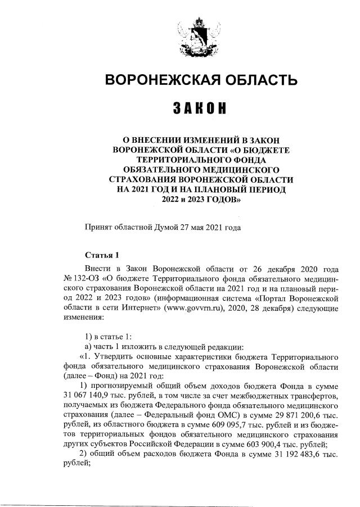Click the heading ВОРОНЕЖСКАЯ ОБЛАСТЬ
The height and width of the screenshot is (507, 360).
coord(200,80)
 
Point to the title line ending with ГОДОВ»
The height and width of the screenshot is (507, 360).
coord(200,199)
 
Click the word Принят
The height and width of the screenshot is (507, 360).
coord(97,228)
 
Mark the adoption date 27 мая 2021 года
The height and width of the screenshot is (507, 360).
coord(210,228)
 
